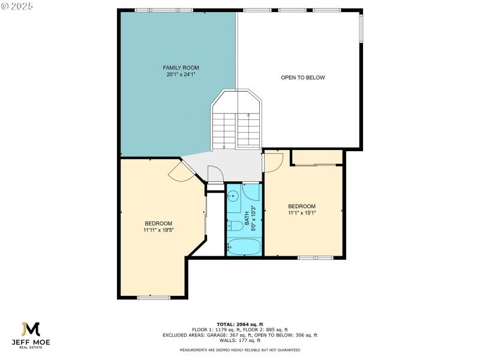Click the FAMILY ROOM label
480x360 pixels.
[x=181, y=68]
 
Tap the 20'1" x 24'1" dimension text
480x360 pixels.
[x=181, y=75]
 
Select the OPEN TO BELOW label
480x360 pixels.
[x=303, y=77]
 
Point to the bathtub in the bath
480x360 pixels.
[x=244, y=247]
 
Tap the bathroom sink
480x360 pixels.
[x=233, y=196]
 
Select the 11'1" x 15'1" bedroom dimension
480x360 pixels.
[x=302, y=212]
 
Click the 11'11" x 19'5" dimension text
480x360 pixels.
[x=158, y=230]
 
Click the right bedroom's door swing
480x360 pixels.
[x=273, y=162]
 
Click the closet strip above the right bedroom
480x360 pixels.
[x=317, y=157]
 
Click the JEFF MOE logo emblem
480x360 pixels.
[x=30, y=329]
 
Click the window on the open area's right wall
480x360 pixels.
[x=361, y=28]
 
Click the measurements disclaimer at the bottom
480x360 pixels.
[x=240, y=350]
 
